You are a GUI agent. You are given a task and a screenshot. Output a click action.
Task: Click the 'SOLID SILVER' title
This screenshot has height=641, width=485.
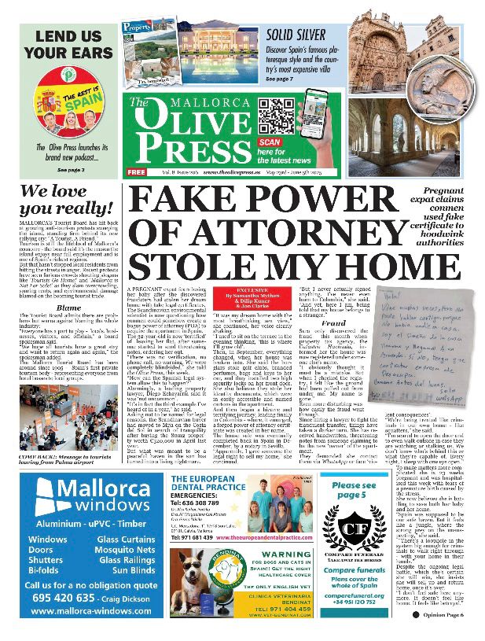(300, 35)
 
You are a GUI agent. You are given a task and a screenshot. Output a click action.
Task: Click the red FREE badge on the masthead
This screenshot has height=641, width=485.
(136, 171)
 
